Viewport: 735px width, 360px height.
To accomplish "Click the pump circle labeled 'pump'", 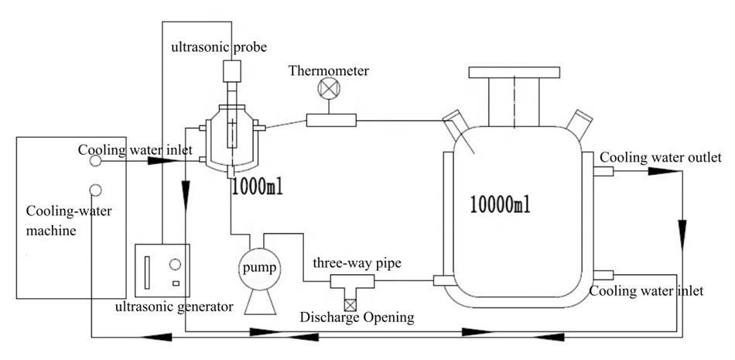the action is click(257, 268).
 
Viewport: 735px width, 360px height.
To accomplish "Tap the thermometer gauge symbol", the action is click(328, 88).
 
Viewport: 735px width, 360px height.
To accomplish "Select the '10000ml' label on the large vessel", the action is click(501, 204).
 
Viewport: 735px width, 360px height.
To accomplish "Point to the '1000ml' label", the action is click(257, 188).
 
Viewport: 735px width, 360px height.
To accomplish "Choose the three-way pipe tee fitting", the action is click(352, 282).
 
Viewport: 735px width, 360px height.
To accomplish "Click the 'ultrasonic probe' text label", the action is click(219, 47).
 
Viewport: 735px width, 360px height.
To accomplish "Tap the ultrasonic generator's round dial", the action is click(175, 264).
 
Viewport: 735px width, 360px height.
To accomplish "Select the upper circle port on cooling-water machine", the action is click(96, 161).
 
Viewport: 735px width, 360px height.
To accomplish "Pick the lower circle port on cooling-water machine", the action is click(96, 190).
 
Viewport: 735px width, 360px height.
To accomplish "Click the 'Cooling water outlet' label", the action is click(661, 157).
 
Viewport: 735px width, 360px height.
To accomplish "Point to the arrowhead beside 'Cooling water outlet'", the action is click(665, 172).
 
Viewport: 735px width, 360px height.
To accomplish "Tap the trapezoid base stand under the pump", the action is click(260, 301).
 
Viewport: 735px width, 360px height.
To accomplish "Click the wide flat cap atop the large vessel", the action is click(514, 72).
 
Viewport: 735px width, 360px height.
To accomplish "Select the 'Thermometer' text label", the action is click(329, 71).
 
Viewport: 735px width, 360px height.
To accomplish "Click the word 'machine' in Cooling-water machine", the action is click(51, 231).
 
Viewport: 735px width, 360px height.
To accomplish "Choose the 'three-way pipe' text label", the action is click(357, 263).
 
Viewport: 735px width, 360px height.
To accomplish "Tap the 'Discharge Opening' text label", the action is click(357, 317).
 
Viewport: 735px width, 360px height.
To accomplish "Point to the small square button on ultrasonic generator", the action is click(176, 283).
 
